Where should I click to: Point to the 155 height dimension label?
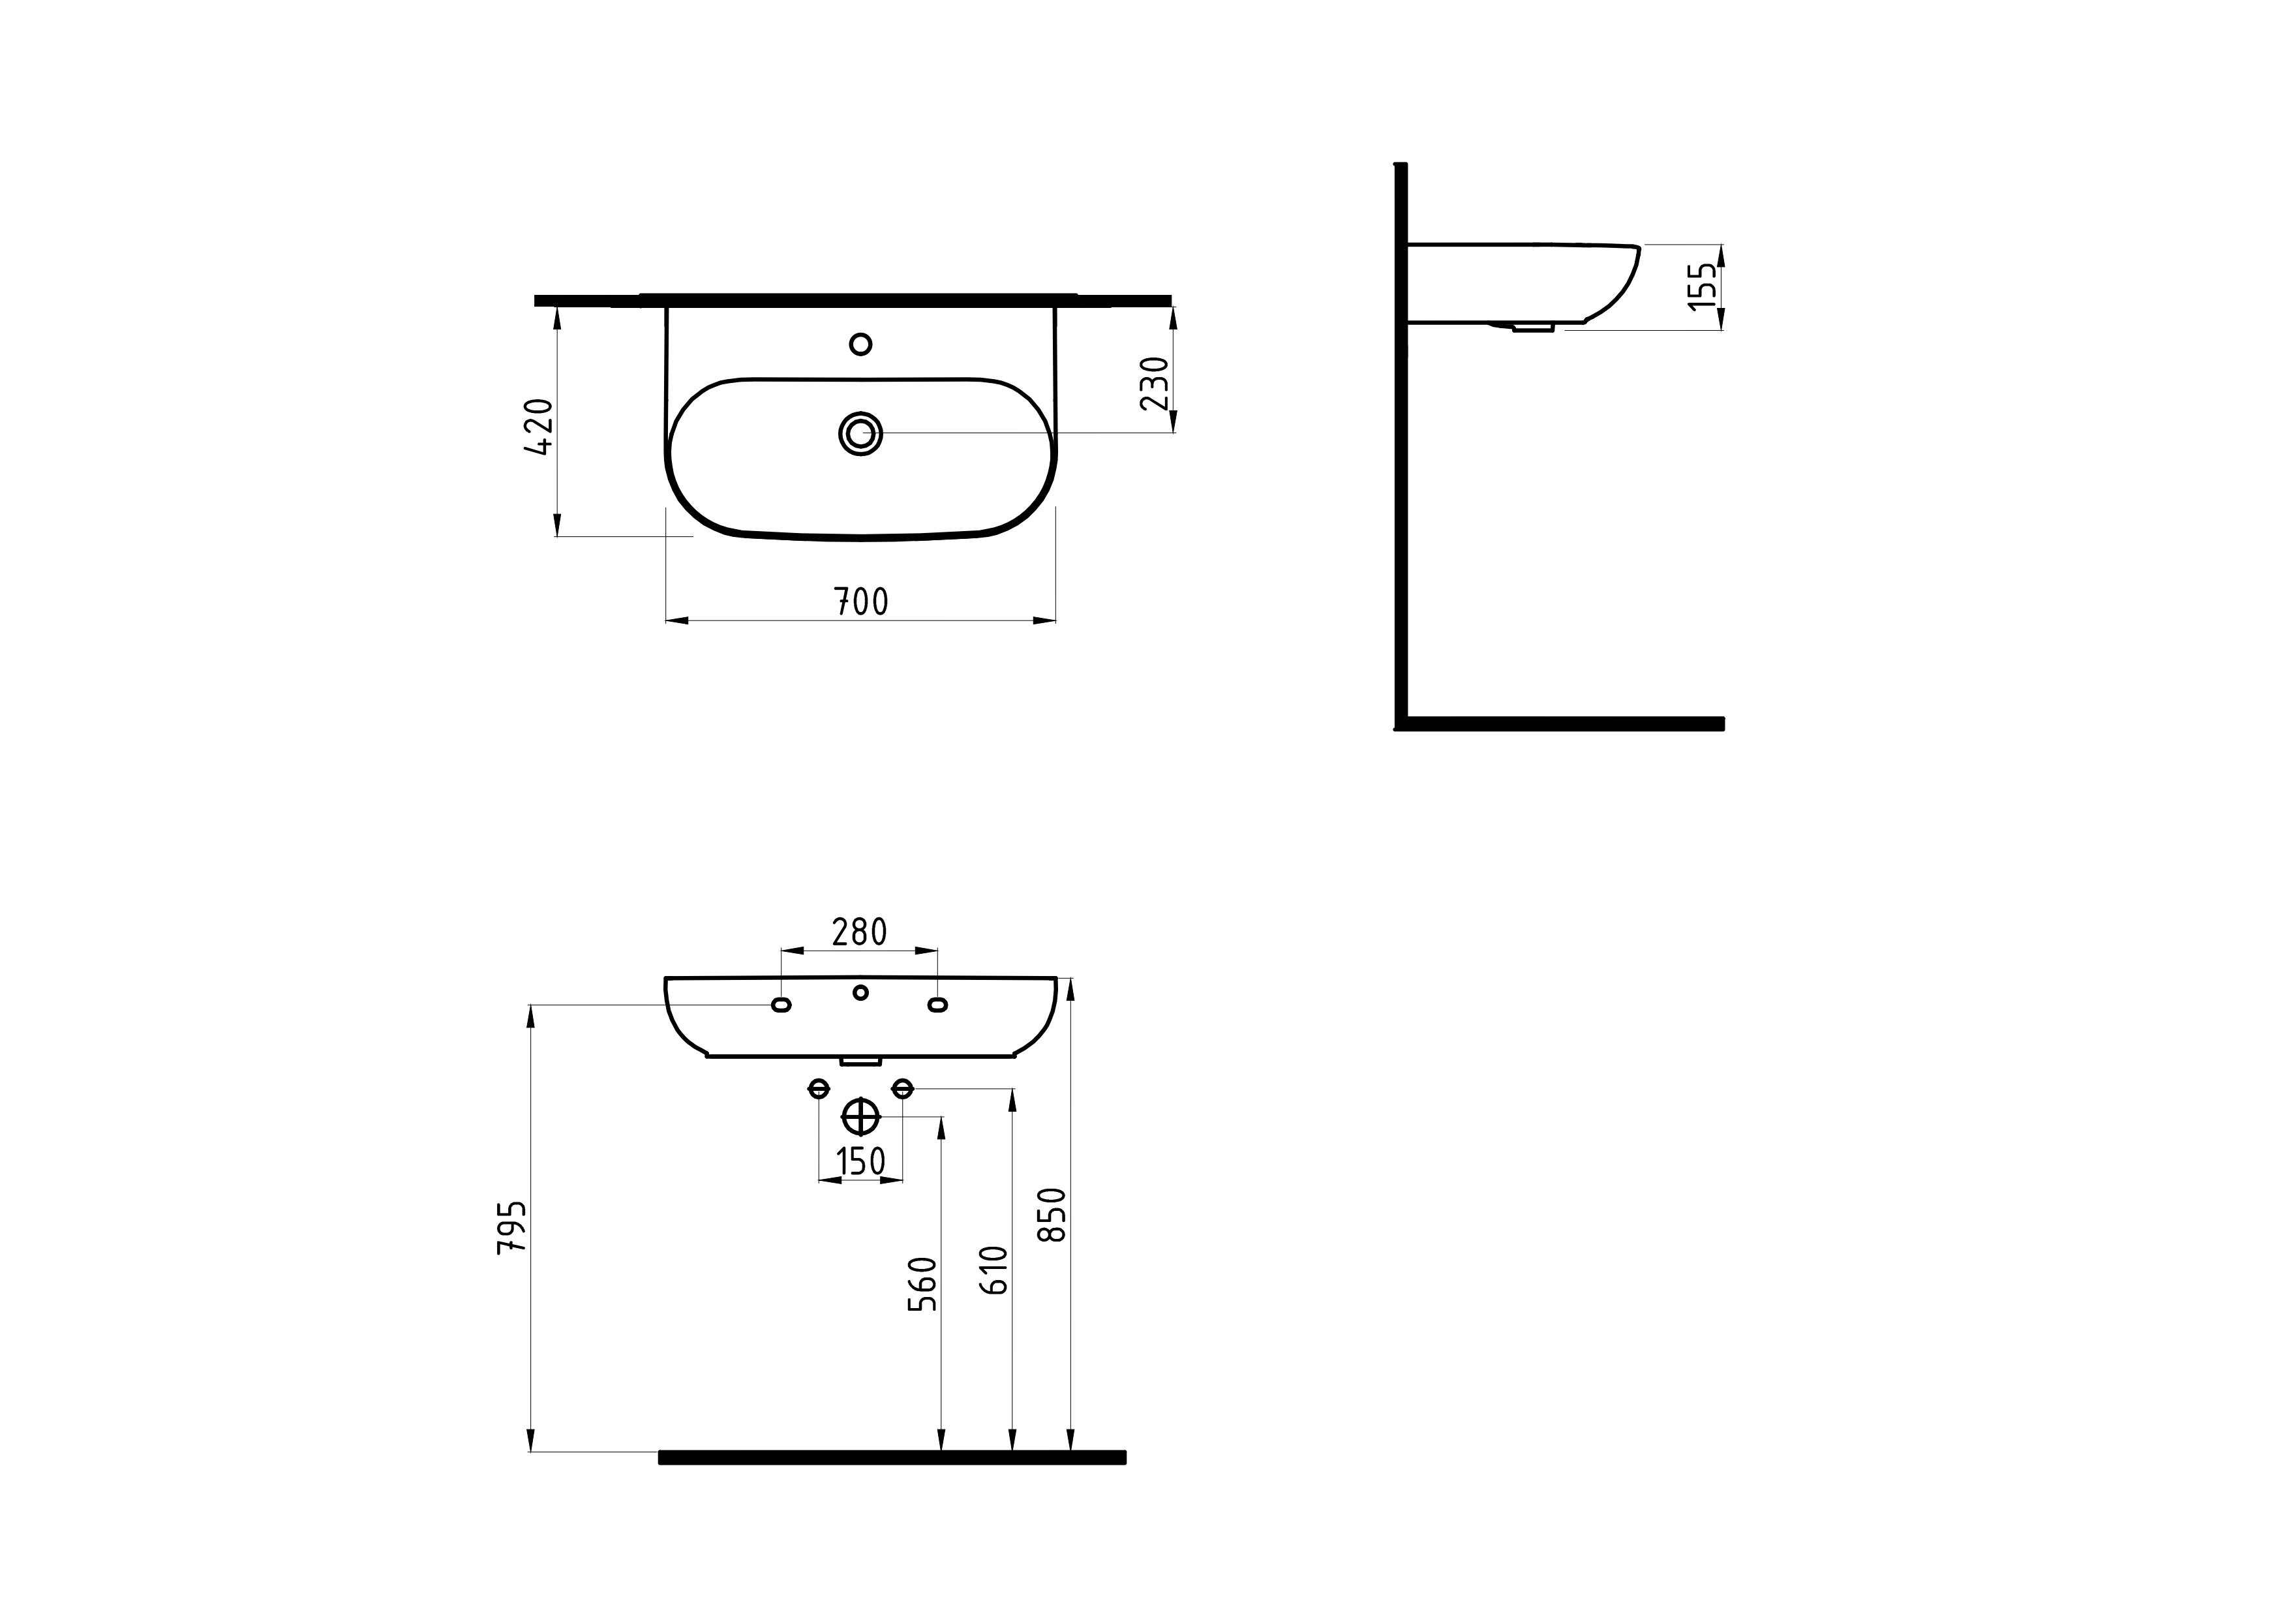click(x=1703, y=286)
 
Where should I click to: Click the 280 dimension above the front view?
click(x=859, y=932)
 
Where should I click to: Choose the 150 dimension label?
click(x=860, y=1161)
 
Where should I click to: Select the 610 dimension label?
click(x=994, y=1270)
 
